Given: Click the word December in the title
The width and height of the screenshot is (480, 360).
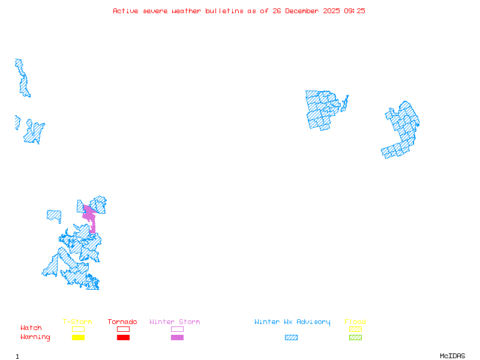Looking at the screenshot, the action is [x=304, y=11].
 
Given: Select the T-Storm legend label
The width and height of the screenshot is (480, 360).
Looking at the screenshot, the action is [x=77, y=322].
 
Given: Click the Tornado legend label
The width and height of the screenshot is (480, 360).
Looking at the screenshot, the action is [x=122, y=322].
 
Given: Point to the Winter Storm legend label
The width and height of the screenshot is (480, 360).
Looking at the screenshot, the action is [x=175, y=322].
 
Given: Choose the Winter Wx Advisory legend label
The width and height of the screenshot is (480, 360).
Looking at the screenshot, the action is [x=292, y=322].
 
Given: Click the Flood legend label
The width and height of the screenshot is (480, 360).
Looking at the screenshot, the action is [x=355, y=322].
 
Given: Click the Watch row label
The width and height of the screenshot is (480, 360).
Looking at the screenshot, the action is [x=31, y=328].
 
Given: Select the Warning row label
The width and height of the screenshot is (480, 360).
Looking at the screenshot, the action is [x=35, y=337].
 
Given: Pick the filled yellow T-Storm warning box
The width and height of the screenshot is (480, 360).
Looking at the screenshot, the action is [x=78, y=338].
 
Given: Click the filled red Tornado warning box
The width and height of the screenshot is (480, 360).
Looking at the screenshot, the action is [x=123, y=338].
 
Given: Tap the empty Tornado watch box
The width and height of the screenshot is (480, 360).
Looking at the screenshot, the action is [x=123, y=329].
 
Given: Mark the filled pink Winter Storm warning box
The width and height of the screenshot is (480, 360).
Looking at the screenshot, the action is [x=177, y=338].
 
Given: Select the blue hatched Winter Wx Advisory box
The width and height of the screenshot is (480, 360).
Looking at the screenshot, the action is [x=291, y=338].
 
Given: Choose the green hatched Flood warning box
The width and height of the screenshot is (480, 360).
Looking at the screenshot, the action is [x=355, y=338].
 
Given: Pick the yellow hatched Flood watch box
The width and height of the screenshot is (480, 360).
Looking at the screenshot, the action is [x=355, y=329].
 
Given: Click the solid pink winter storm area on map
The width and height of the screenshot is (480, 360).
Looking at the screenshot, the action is [x=89, y=216].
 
